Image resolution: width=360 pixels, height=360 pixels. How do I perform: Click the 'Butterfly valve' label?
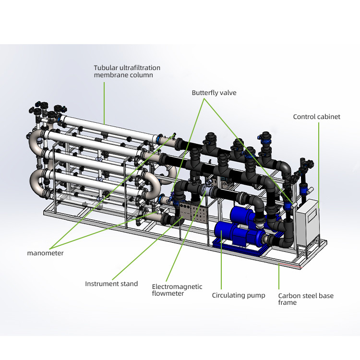214,93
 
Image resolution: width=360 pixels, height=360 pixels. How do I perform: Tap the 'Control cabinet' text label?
317,117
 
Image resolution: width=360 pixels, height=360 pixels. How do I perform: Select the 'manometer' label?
45,253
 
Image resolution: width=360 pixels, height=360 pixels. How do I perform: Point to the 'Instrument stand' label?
111,284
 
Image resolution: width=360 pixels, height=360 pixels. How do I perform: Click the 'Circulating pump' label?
238,295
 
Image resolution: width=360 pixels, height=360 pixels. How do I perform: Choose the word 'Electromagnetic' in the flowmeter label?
177,287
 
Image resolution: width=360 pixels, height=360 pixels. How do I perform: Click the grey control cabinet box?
307,222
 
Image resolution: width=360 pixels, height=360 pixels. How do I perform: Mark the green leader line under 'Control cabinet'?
319,165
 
